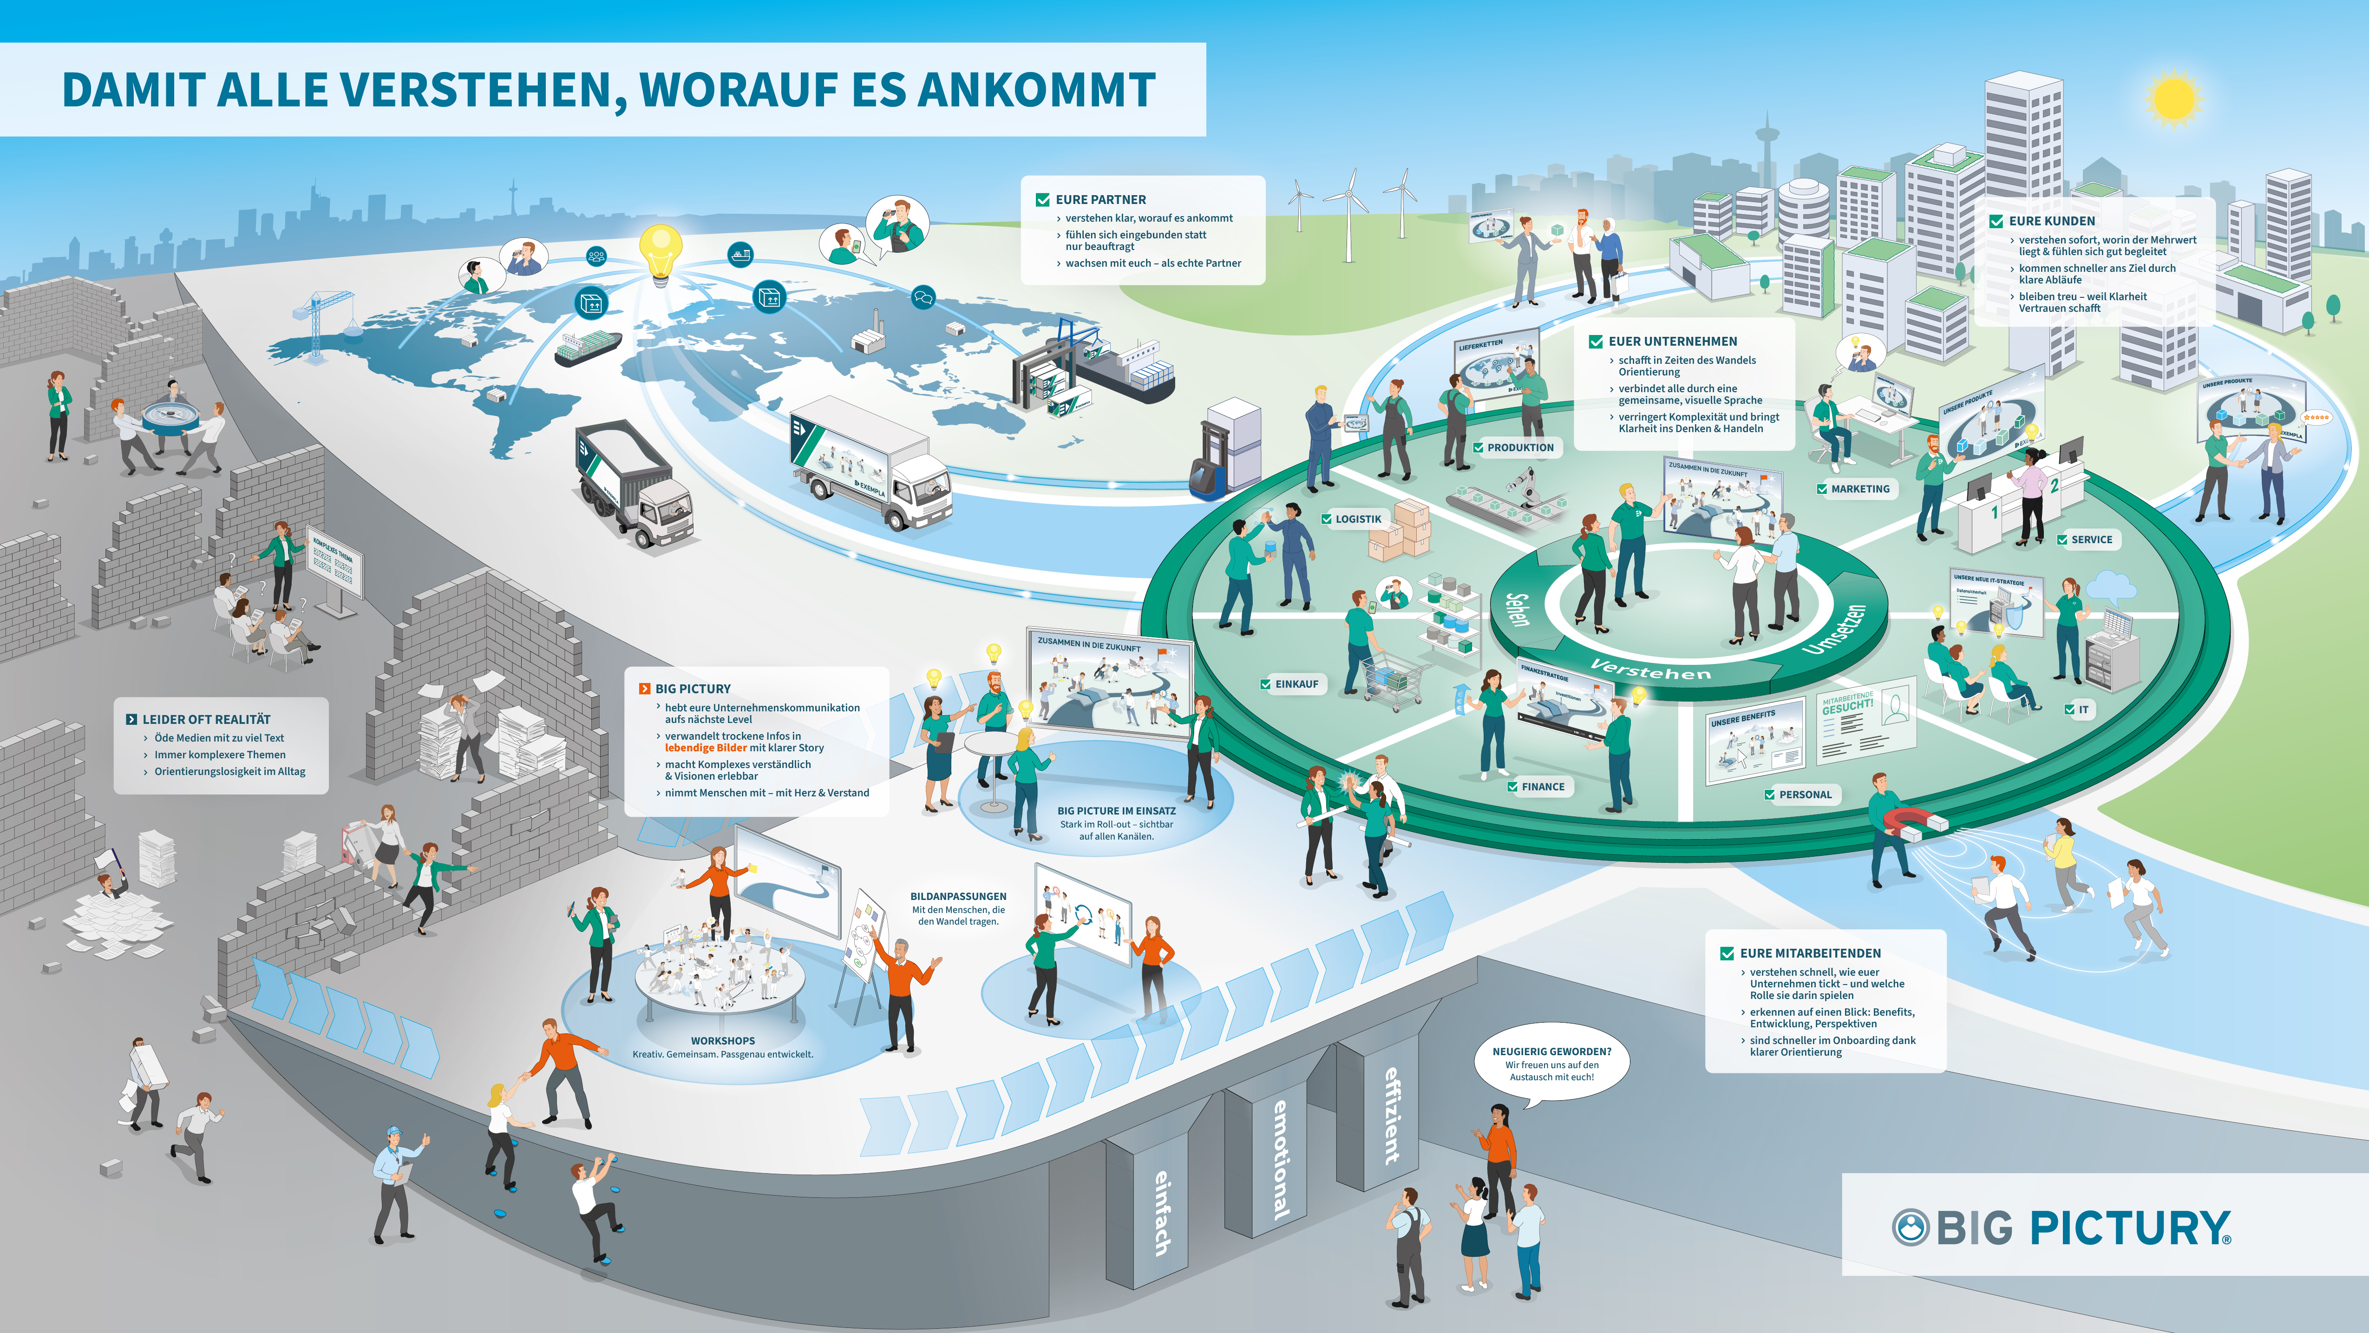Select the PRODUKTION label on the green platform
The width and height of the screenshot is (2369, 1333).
click(x=1519, y=448)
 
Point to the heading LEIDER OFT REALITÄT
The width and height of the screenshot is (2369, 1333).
click(x=206, y=719)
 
